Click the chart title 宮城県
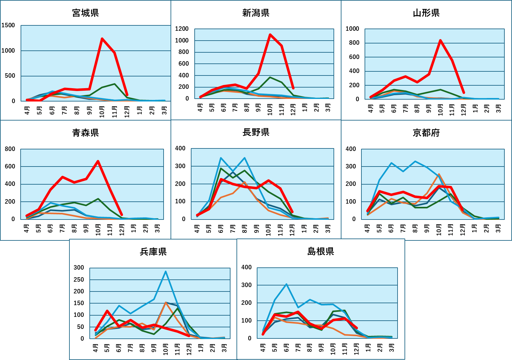click(x=85, y=13)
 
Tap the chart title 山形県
click(x=426, y=13)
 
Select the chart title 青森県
click(x=85, y=133)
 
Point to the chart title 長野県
click(x=256, y=132)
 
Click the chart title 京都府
click(x=426, y=133)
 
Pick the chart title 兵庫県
click(x=153, y=252)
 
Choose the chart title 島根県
click(x=321, y=251)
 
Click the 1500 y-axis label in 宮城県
click(x=8, y=25)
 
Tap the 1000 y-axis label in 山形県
click(x=352, y=29)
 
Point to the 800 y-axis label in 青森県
click(x=10, y=149)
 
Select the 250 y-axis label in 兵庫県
click(x=79, y=279)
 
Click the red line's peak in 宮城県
click(x=102, y=39)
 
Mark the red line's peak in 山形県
click(x=440, y=40)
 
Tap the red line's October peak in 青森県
click(x=98, y=161)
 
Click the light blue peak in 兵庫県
click(x=165, y=272)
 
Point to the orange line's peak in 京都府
click(x=439, y=174)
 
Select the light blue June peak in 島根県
click(x=286, y=284)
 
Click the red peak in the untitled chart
click(x=270, y=35)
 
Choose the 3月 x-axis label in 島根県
click(x=392, y=348)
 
